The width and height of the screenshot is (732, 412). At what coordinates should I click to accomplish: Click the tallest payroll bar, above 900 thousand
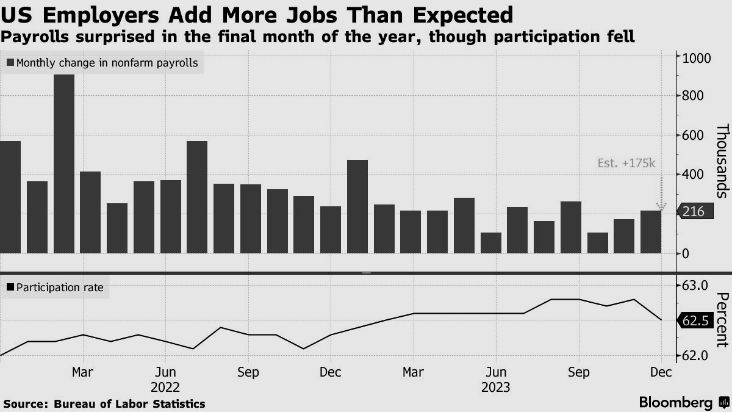pyautogui.click(x=64, y=164)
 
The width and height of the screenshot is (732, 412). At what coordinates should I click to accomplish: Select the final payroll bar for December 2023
pyautogui.click(x=651, y=232)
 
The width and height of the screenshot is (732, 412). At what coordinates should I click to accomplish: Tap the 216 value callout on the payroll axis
pyautogui.click(x=695, y=212)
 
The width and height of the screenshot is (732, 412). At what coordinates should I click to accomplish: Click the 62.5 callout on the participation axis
pyautogui.click(x=695, y=320)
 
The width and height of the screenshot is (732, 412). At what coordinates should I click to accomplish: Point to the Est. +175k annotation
pyautogui.click(x=626, y=163)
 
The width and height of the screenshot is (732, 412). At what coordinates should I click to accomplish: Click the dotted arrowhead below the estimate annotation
pyautogui.click(x=661, y=206)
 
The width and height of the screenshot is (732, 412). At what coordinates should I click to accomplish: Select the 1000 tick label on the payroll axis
pyautogui.click(x=697, y=59)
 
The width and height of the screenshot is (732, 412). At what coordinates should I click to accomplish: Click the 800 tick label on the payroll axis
pyautogui.click(x=693, y=96)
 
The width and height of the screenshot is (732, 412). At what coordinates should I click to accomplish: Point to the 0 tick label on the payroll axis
pyautogui.click(x=686, y=254)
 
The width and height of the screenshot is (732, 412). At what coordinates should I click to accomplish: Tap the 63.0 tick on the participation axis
pyautogui.click(x=695, y=286)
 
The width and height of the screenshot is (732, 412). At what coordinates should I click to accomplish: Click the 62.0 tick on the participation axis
pyautogui.click(x=695, y=355)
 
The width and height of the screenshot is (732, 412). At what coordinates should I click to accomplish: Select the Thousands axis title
pyautogui.click(x=722, y=161)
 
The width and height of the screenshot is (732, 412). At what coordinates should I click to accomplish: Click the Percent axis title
pyautogui.click(x=722, y=320)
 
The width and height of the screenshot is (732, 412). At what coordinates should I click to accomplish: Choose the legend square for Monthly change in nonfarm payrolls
pyautogui.click(x=10, y=62)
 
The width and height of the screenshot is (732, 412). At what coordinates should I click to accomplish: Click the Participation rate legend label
pyautogui.click(x=60, y=287)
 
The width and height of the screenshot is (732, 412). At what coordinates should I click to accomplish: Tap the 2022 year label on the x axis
pyautogui.click(x=165, y=388)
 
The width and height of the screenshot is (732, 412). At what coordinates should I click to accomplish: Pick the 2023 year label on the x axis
pyautogui.click(x=496, y=388)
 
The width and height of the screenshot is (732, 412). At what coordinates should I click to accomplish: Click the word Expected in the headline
pyautogui.click(x=463, y=15)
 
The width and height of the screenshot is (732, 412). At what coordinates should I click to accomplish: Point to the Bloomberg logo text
pyautogui.click(x=676, y=402)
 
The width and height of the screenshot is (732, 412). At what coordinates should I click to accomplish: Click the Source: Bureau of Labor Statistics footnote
pyautogui.click(x=104, y=404)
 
